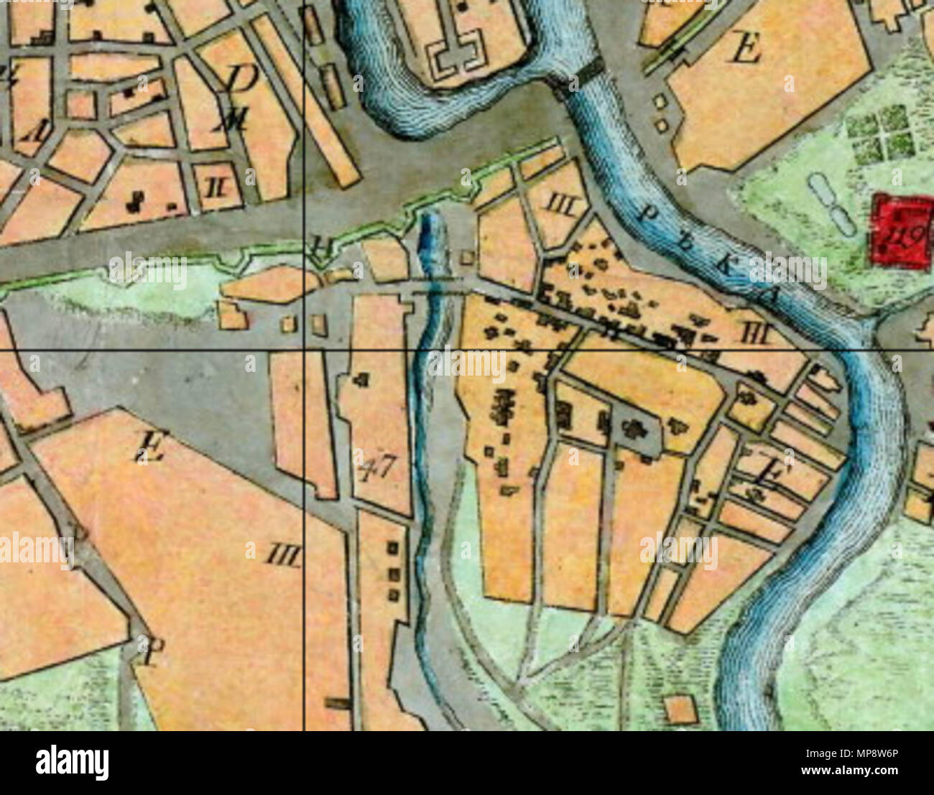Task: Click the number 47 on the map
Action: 376,468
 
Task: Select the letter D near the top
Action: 240,79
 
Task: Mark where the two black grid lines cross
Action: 305,350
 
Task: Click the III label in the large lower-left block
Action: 285,554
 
